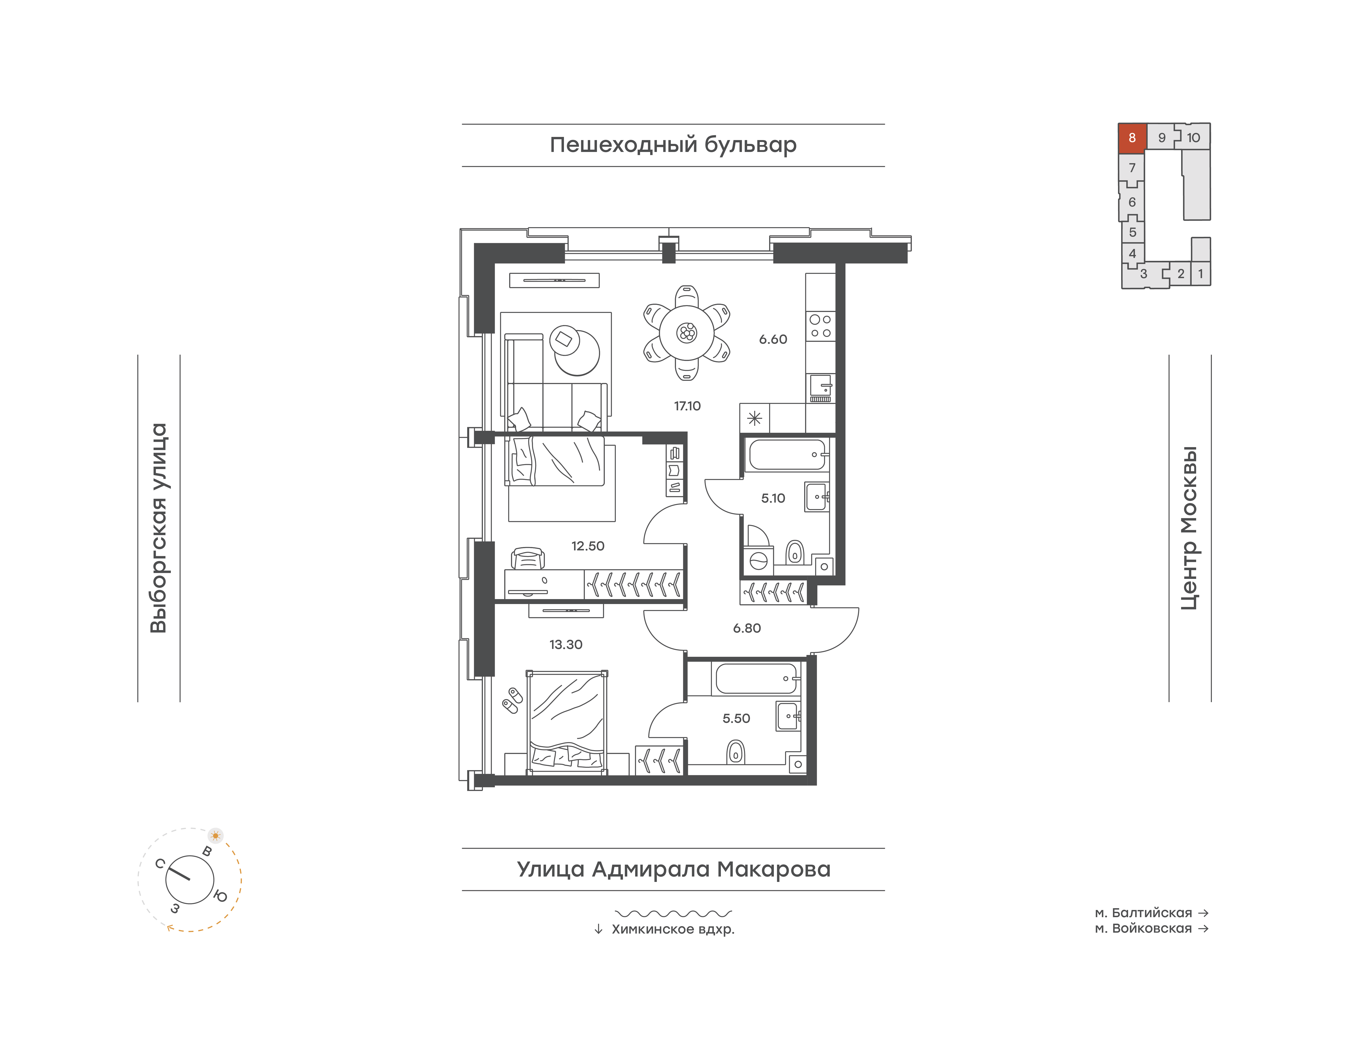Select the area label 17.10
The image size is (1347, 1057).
click(687, 406)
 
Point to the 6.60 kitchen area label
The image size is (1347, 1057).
click(773, 339)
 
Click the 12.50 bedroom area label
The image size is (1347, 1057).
click(588, 546)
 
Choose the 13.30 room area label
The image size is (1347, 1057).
click(566, 644)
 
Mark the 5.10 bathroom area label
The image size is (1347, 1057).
click(773, 498)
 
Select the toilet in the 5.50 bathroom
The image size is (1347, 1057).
click(735, 752)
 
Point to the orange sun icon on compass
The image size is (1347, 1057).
click(216, 835)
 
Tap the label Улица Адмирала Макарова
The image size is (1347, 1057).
click(673, 870)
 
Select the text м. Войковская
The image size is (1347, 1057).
click(1143, 928)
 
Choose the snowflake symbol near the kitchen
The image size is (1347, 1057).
click(755, 418)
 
